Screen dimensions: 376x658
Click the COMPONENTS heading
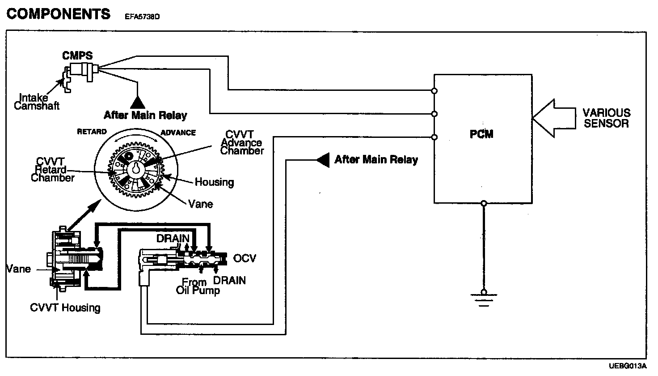[59, 14]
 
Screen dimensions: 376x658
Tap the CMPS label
[77, 56]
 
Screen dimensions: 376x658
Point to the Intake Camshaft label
[37, 102]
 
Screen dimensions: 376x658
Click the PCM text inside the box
[482, 134]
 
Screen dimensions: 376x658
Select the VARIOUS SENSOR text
[607, 118]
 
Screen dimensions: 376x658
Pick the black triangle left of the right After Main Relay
[321, 160]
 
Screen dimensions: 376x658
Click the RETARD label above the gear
[92, 132]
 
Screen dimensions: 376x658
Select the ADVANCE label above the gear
[178, 133]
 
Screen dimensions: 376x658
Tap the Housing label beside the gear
[214, 182]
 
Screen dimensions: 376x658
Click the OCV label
[245, 258]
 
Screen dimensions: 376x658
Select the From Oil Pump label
[197, 286]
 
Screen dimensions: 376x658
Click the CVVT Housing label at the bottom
[65, 308]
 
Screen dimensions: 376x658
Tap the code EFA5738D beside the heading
[140, 17]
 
